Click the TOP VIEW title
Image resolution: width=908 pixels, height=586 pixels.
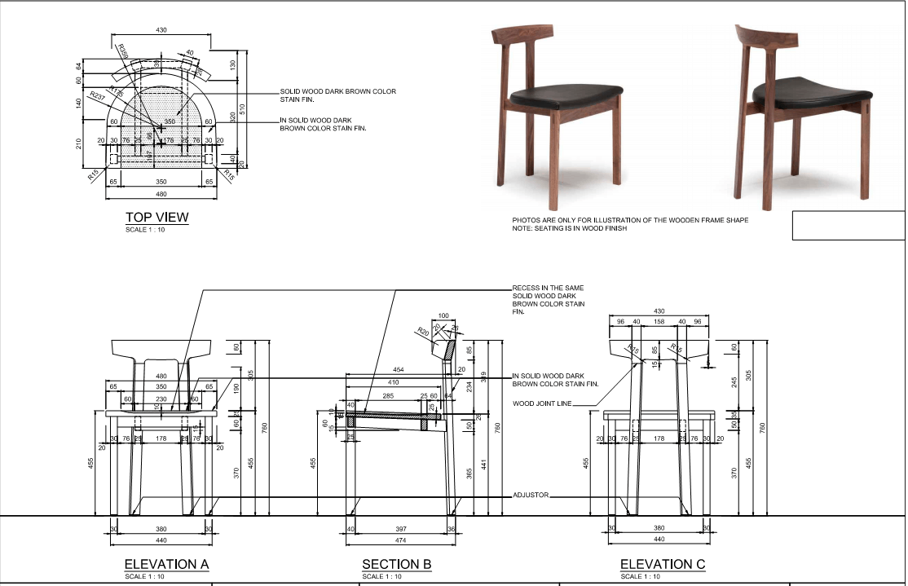point(156,217)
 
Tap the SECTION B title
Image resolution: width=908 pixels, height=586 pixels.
point(397,564)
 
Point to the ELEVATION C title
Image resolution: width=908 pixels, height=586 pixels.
point(663,564)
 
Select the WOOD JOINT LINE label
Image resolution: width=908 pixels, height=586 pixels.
point(548,403)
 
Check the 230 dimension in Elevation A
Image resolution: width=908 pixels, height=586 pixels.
point(161,399)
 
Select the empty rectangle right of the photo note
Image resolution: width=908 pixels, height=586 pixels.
point(848,226)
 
